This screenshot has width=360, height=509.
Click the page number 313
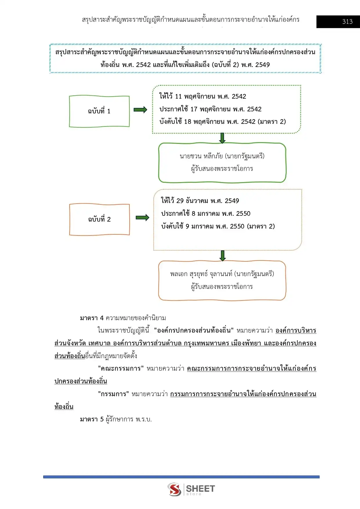347,21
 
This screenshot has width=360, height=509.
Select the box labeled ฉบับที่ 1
99,111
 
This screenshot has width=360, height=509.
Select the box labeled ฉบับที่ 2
99,219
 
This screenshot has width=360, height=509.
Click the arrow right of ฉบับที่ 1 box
140,110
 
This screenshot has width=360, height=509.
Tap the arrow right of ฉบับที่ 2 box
142,218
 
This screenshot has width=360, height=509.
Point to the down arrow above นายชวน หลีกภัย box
222,138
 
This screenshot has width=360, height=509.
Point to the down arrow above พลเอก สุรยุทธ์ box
222,256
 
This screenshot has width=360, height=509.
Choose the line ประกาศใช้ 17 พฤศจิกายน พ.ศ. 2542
210,109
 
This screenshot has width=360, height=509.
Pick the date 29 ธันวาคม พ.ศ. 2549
208,201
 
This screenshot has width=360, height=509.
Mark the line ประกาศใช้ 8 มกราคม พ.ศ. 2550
206,213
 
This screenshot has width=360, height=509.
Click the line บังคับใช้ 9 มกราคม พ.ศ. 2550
203,226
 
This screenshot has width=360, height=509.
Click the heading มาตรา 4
92,318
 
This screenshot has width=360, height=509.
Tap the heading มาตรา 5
92,419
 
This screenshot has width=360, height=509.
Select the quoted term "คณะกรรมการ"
121,368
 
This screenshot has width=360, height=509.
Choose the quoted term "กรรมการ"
113,394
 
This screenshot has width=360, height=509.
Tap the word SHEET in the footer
200,489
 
